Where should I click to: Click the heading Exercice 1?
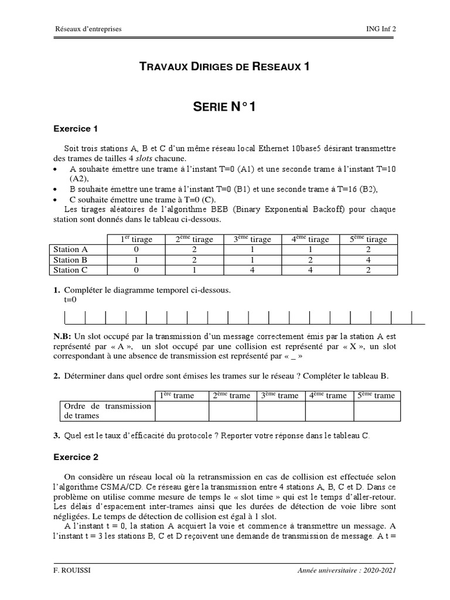coord(76,129)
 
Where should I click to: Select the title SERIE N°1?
coord(224,107)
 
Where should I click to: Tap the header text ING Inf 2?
coord(385,29)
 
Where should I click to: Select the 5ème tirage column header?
coord(368,239)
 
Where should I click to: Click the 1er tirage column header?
coord(136,239)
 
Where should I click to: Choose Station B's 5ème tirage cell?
coord(368,260)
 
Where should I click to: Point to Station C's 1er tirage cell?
coord(136,270)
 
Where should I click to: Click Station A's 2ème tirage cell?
coord(193,250)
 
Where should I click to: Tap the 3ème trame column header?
coord(281,396)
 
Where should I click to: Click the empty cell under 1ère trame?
coord(182,411)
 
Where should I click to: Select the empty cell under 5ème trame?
coord(377,411)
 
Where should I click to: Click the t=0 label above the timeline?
coord(70,300)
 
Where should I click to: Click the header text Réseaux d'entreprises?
coord(88,29)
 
